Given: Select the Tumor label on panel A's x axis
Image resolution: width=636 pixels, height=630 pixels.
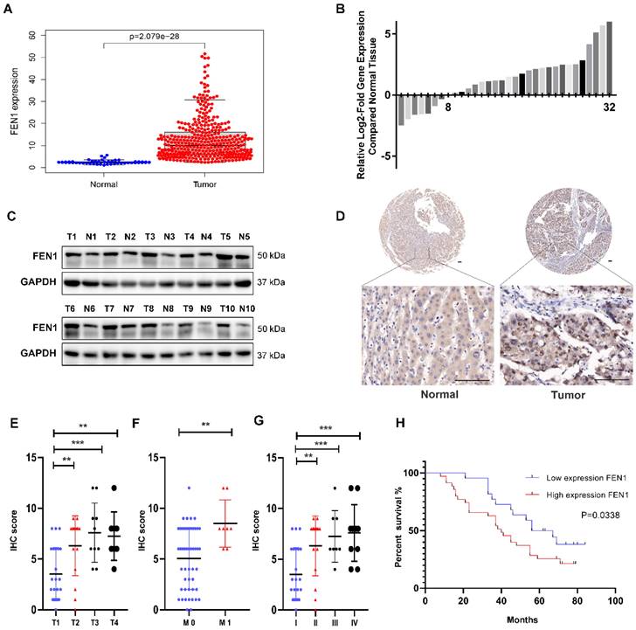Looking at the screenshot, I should pos(207,184).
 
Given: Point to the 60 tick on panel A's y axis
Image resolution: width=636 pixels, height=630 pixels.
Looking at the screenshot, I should pos(31,35).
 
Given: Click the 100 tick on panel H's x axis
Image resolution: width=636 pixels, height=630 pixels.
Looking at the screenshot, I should pos(614,602).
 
